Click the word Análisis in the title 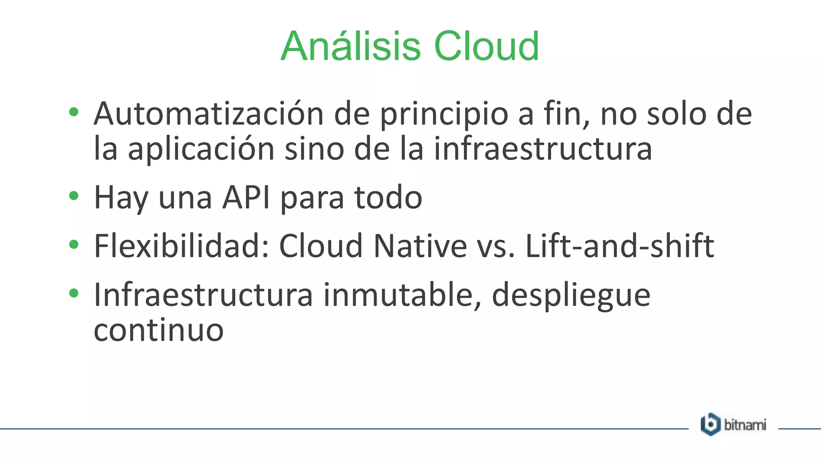[x=350, y=47]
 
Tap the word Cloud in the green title [x=486, y=47]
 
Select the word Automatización [x=208, y=114]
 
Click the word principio [x=444, y=115]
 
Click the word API [x=246, y=197]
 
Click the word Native [x=420, y=245]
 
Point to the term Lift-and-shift [x=619, y=245]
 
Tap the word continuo [x=158, y=330]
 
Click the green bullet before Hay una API [x=73, y=196]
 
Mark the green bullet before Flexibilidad [x=73, y=244]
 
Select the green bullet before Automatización [x=73, y=112]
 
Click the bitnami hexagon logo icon [x=710, y=424]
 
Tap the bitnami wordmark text [x=745, y=425]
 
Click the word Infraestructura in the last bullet [x=203, y=295]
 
